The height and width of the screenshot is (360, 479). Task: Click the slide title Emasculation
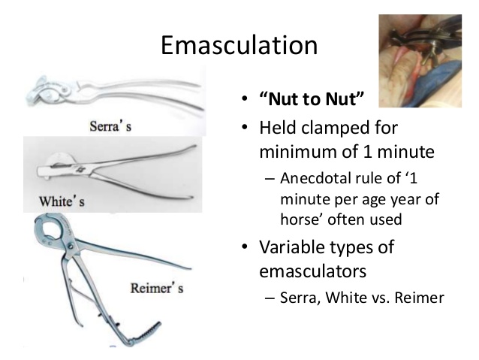coord(239,45)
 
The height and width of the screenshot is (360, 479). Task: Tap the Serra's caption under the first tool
coord(110,126)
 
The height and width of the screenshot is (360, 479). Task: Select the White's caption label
coord(62,201)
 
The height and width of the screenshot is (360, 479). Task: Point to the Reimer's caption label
coord(157,288)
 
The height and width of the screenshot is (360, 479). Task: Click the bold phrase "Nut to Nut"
coord(312,99)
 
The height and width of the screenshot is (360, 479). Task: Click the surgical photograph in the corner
coord(420,61)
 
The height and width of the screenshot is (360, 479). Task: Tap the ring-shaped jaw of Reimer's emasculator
coord(51,228)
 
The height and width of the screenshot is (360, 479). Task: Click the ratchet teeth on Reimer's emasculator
coord(148,331)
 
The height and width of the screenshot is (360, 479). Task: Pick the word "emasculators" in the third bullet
coord(312,271)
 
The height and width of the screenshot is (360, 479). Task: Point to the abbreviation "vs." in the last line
coord(381,298)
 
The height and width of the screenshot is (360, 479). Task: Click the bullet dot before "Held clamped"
coord(244,126)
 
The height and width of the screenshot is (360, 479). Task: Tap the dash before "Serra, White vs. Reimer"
coord(270,298)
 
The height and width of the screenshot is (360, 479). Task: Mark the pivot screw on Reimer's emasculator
coord(71,247)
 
